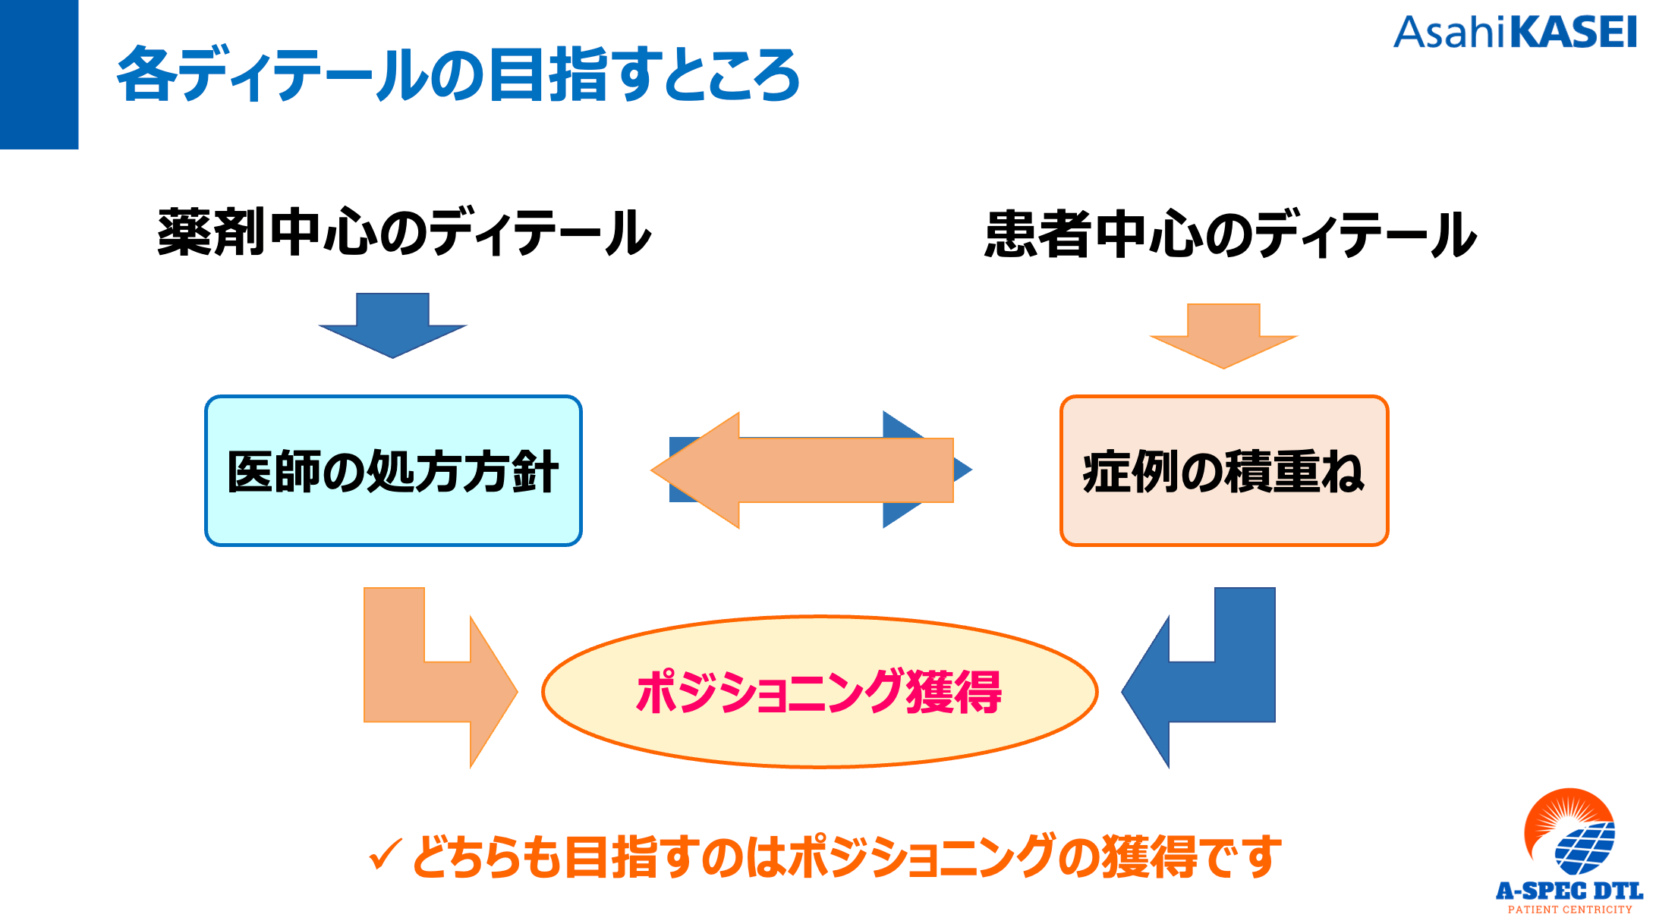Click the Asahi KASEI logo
[x=1514, y=33]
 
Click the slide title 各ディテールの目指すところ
[x=458, y=74]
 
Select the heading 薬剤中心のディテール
[x=404, y=232]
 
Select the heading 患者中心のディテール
[x=1230, y=234]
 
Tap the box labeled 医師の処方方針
[x=393, y=470]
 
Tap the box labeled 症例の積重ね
[x=1223, y=470]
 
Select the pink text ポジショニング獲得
[x=819, y=692]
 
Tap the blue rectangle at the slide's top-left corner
[x=39, y=74]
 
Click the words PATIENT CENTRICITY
[x=1569, y=909]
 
